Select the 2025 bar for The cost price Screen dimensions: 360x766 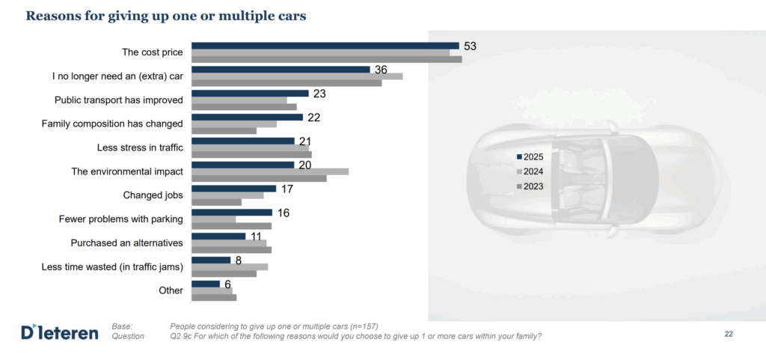(325, 46)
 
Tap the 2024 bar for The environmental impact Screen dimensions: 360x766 (270, 171)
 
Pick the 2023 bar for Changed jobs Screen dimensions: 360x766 (217, 202)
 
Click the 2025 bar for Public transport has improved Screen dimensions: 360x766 (250, 94)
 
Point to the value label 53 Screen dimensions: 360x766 (469, 46)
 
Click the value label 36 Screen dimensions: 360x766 (381, 70)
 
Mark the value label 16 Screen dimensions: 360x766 (283, 213)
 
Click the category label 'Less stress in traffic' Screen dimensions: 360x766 (141, 147)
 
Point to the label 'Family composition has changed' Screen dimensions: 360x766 (112, 123)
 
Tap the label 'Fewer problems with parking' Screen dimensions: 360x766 (121, 219)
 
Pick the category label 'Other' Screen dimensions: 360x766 (171, 290)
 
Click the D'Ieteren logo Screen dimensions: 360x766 (60, 332)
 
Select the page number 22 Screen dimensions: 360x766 (729, 334)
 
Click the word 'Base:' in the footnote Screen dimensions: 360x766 (122, 326)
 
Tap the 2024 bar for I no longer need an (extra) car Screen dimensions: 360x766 (297, 76)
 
